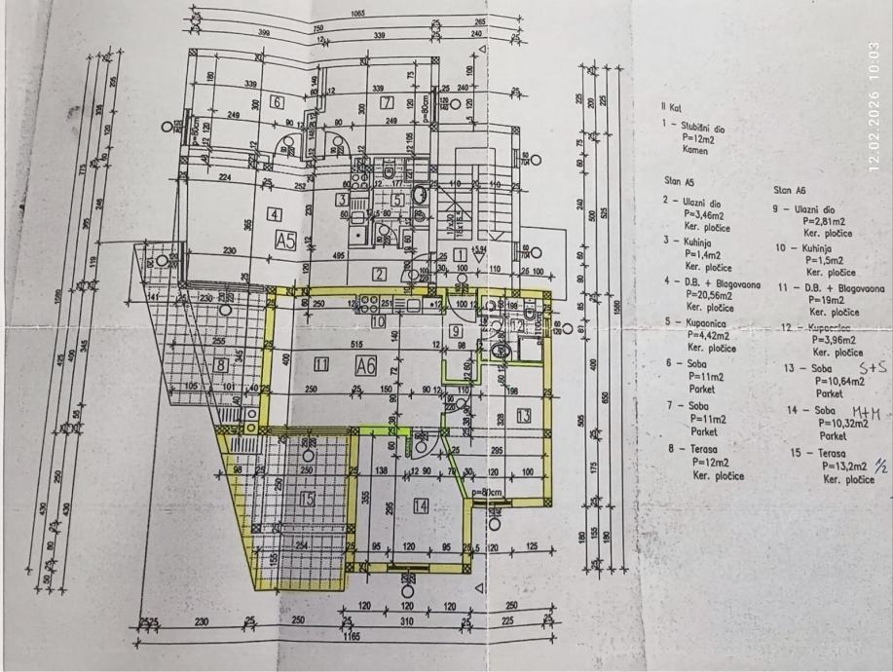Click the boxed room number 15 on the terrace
(x=309, y=500)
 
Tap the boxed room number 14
(x=421, y=505)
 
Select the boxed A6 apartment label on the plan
(x=366, y=366)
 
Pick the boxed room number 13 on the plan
(x=523, y=416)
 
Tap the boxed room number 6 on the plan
(x=277, y=102)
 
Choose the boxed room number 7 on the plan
(x=387, y=102)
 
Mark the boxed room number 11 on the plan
(x=321, y=365)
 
